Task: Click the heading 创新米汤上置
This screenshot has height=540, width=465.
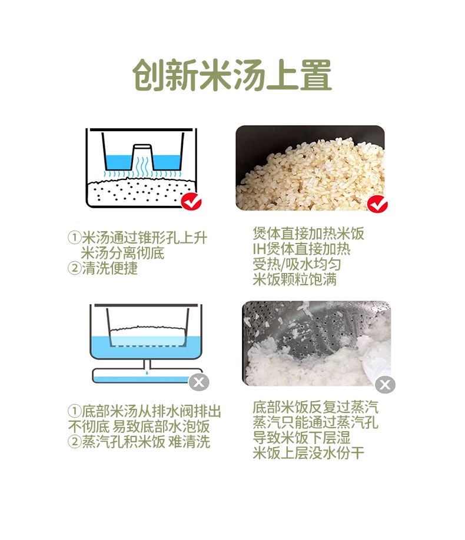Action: coord(232,75)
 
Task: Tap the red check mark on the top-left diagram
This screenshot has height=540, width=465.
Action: coord(191,201)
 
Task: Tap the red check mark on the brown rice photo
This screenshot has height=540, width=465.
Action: coord(377,204)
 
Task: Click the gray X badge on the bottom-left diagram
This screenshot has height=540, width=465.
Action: coord(199,382)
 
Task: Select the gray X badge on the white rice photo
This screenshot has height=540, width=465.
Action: coord(385,384)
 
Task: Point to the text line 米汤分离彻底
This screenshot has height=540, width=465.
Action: coord(122,253)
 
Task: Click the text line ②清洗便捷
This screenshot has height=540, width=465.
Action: coord(103,268)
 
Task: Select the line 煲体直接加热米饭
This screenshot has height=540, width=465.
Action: coord(308,234)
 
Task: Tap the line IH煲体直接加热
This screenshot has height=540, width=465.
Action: coord(301,249)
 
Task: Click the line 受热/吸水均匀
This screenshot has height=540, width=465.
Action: coord(297,264)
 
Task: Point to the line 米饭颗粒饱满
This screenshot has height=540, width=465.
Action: coord(294,279)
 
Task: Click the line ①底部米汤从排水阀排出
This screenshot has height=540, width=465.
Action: coord(144,411)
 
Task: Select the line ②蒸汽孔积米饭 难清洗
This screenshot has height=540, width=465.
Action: coord(138,442)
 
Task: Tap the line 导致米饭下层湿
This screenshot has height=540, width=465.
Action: coord(301,438)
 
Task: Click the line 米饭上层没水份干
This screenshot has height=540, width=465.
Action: coord(308,453)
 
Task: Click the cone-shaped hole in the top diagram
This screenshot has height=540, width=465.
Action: coord(142,156)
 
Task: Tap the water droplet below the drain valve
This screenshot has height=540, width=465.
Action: coord(147,372)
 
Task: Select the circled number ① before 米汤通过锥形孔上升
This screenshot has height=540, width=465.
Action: coord(74,238)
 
